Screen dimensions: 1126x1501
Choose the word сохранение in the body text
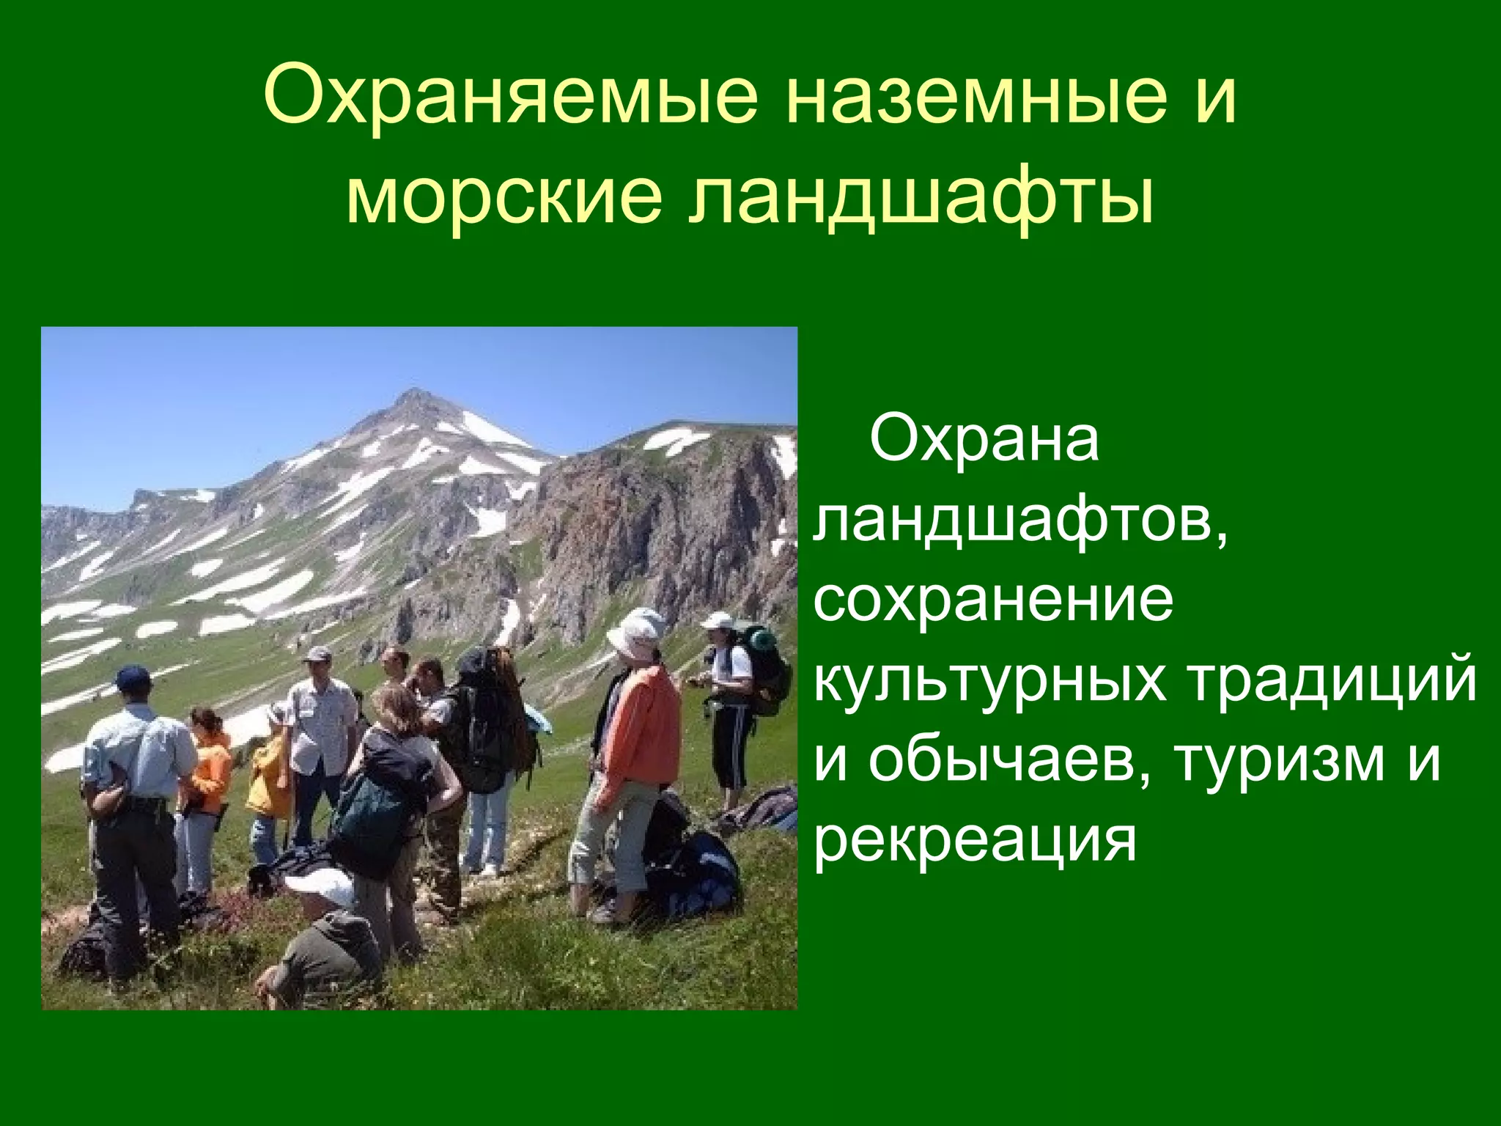(x=993, y=600)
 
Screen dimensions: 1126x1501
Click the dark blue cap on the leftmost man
(x=133, y=675)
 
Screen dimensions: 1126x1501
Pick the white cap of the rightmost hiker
(x=716, y=621)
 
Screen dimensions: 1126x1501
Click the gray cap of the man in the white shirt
(x=317, y=653)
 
